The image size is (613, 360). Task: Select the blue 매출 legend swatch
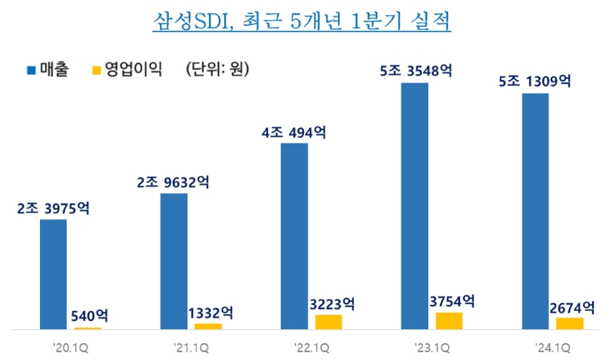click(x=31, y=69)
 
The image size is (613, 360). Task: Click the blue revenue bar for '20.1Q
click(x=53, y=274)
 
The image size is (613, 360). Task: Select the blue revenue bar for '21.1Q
click(x=173, y=262)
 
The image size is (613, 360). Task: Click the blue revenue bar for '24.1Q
click(x=535, y=212)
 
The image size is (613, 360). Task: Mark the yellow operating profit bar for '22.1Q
click(x=328, y=322)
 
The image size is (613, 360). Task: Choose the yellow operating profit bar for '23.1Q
click(x=449, y=321)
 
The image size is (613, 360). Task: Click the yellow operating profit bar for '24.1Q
click(x=570, y=323)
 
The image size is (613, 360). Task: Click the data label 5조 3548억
click(x=415, y=72)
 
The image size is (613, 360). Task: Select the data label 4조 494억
click(x=294, y=132)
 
